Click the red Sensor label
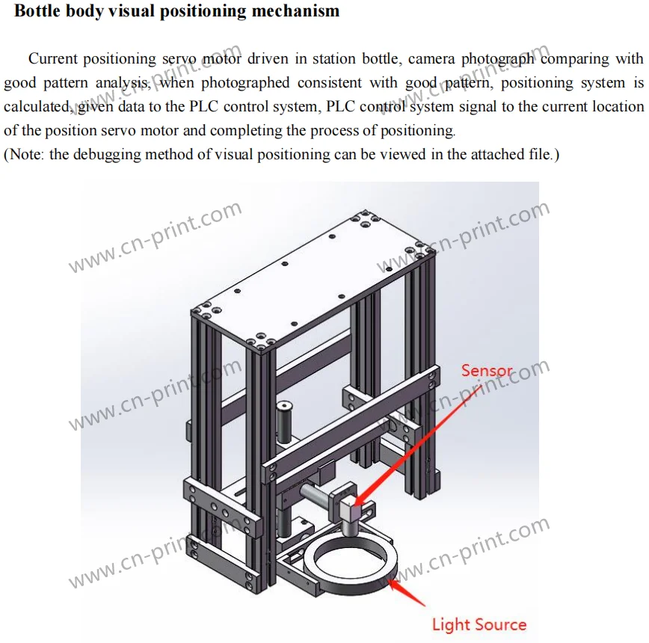point(487,370)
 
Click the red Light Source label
point(479,624)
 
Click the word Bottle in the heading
point(39,11)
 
